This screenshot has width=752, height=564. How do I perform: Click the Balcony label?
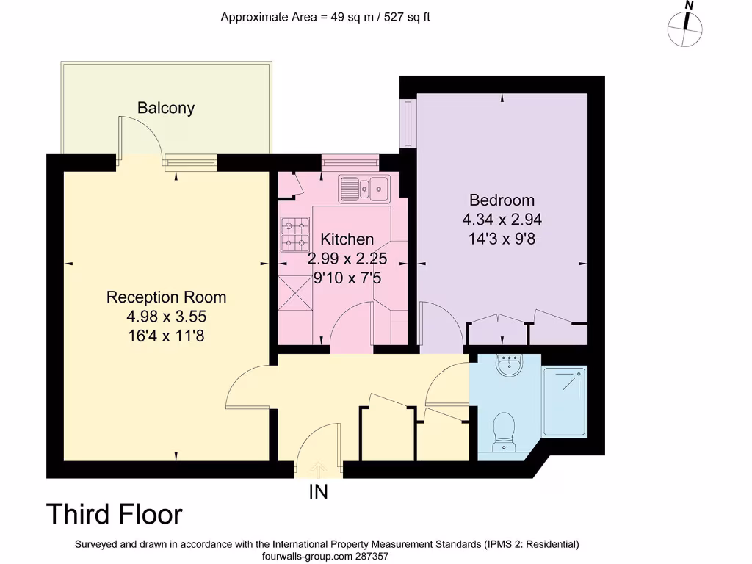pos(166,108)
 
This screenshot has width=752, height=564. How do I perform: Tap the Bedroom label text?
pos(502,200)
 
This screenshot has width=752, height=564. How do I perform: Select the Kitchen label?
pos(347,239)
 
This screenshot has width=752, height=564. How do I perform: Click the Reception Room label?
pos(166,297)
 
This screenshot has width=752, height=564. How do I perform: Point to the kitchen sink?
pos(364,188)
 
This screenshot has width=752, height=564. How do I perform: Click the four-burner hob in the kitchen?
pos(295,234)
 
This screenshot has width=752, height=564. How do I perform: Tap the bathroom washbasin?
pos(509,365)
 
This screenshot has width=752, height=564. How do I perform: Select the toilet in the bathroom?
pos(504,430)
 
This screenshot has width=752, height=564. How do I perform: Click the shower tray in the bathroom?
pos(564,402)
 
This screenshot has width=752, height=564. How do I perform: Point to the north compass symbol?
pos(685,27)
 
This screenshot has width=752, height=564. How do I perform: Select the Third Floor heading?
pos(114,515)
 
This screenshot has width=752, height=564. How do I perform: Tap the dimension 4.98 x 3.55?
pos(166,317)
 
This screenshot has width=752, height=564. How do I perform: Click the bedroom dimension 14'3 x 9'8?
pos(502,238)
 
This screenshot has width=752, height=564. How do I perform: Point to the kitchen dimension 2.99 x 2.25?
pos(347,258)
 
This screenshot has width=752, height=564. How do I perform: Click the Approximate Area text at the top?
pos(325,16)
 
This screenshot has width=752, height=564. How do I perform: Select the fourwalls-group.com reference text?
pos(325,557)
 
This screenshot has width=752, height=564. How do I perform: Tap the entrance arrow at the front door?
pos(318,466)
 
